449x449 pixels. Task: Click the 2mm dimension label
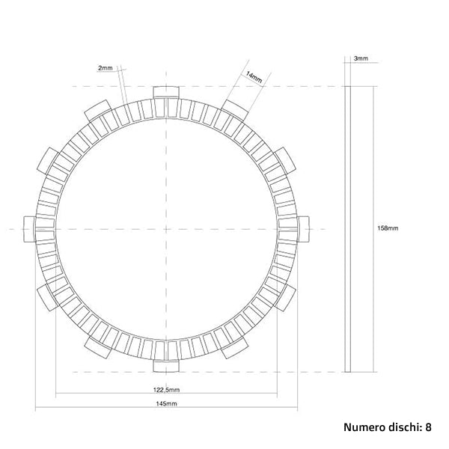tap(105, 68)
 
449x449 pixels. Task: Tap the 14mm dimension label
tap(253, 76)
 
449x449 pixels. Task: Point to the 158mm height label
tap(388, 228)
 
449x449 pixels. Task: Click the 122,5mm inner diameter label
tap(166, 390)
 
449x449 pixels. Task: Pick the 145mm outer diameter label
tap(166, 404)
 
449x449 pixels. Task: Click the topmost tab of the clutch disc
tap(166, 92)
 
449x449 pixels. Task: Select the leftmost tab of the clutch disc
tap(30, 228)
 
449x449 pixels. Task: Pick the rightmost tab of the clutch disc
tap(303, 228)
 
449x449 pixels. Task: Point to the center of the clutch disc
tap(166, 228)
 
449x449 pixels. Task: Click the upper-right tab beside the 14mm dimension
tap(234, 111)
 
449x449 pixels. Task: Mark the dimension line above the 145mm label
tap(166, 409)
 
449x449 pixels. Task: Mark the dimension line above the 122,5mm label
tap(166, 395)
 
